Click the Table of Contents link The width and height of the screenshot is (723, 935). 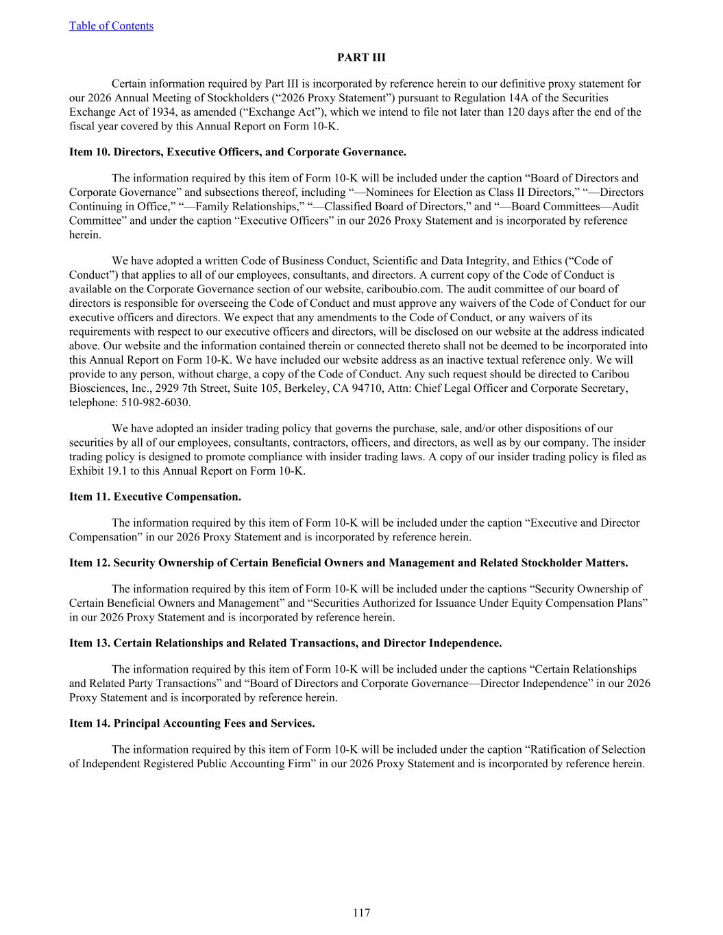pyautogui.click(x=111, y=26)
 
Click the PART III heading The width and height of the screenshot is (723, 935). pyautogui.click(x=361, y=58)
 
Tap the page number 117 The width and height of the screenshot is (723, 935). pyautogui.click(x=361, y=912)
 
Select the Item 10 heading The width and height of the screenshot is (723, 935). pyautogui.click(x=237, y=152)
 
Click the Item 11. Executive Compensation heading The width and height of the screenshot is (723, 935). pyautogui.click(x=155, y=496)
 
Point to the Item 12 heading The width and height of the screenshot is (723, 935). pyautogui.click(x=348, y=563)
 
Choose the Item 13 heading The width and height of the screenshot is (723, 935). pyautogui.click(x=285, y=643)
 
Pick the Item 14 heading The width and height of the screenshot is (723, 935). pyautogui.click(x=192, y=723)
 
